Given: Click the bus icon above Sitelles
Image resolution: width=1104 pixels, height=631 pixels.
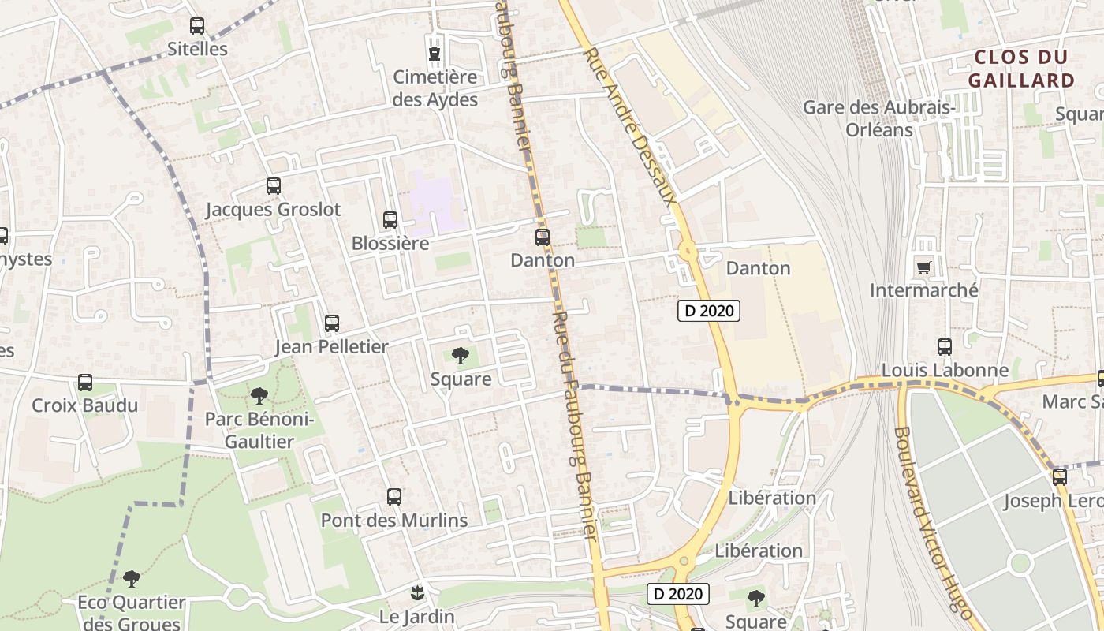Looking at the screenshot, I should point(197,26).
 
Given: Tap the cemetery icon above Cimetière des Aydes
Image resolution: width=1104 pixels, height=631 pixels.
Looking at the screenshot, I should point(434,54).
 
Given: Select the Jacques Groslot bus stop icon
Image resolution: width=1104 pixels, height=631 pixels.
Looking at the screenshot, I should point(274,186).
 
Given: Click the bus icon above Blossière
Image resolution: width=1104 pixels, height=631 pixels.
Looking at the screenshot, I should point(390,220).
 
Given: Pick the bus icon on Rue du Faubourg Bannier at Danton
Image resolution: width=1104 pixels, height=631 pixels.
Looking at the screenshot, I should point(543,237).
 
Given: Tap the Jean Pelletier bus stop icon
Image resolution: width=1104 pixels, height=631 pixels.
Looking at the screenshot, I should point(332,323).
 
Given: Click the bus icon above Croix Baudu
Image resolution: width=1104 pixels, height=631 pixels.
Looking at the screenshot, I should point(85,383).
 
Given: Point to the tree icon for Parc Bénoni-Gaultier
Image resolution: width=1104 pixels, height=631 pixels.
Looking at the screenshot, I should point(259,396).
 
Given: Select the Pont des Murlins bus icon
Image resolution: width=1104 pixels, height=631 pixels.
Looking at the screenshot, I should point(394,497).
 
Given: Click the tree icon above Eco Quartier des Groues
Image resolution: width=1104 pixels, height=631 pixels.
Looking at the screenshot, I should point(132,579).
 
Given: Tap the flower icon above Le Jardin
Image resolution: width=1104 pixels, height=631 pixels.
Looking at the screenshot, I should point(417,592).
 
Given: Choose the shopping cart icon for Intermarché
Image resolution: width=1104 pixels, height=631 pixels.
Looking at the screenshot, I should point(923,267).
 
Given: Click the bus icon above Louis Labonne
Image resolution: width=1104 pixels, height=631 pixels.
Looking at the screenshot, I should point(945,346).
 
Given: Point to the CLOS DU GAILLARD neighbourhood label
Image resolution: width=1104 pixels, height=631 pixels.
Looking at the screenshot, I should point(1021,69).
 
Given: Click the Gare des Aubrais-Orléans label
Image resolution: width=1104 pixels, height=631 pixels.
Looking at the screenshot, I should point(879,118).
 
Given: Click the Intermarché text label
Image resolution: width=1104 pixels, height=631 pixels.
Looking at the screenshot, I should point(923,290).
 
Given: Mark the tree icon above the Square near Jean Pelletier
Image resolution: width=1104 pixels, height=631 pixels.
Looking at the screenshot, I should point(461,356).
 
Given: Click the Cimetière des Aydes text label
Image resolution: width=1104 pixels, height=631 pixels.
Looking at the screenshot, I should point(435,88).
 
